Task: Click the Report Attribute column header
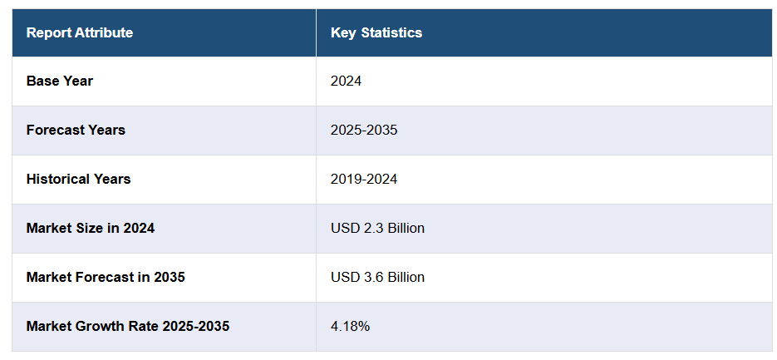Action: (79, 33)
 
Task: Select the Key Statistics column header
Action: (376, 33)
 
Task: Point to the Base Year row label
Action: (60, 81)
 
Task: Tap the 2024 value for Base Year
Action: (346, 81)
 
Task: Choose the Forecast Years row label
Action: (76, 131)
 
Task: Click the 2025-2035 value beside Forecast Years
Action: (363, 131)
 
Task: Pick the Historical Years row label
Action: (78, 180)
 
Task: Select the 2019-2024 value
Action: (363, 180)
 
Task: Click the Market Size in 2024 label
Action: (90, 229)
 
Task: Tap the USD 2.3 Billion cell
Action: (377, 229)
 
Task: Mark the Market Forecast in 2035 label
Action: (106, 278)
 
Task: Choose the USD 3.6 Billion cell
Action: (377, 278)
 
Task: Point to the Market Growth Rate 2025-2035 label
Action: (127, 327)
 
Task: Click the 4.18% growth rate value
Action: (350, 327)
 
